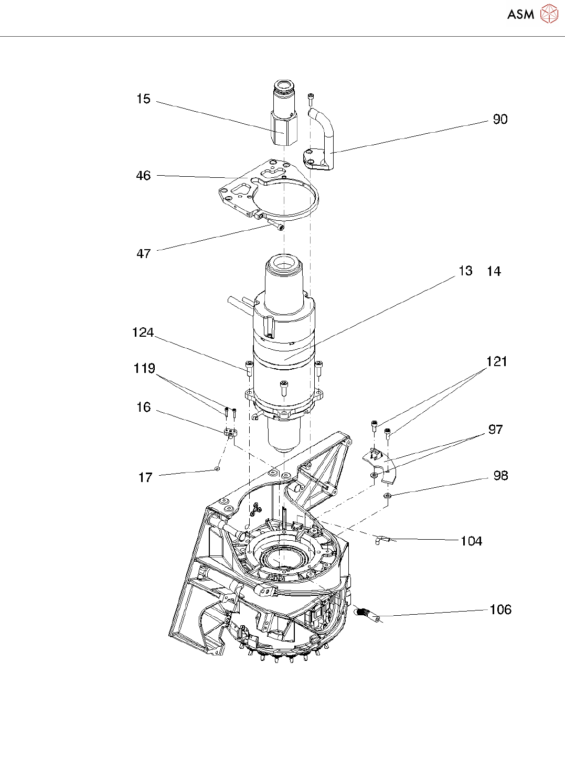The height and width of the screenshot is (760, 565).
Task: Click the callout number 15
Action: tap(143, 99)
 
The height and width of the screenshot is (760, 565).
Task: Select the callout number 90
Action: tap(500, 120)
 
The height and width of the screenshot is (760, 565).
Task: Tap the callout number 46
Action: tap(143, 176)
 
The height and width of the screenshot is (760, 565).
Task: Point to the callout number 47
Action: tap(143, 254)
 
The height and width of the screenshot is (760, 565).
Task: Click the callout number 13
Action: tap(465, 271)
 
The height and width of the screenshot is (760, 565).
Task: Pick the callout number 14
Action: tap(494, 272)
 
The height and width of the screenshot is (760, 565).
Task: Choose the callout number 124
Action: tap(143, 333)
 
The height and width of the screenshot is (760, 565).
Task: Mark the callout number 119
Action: tap(144, 369)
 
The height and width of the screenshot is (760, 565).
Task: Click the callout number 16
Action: tap(143, 408)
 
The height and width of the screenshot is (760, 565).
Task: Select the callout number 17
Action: tap(145, 478)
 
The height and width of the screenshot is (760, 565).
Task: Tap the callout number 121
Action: tap(496, 362)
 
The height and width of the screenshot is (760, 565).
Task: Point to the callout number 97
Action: tap(495, 430)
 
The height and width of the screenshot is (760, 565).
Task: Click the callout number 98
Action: tap(500, 476)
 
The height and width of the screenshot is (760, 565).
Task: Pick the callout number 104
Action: tap(471, 541)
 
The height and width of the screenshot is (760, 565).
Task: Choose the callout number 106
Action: tap(500, 609)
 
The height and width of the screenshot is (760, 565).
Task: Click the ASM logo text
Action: tap(520, 14)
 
